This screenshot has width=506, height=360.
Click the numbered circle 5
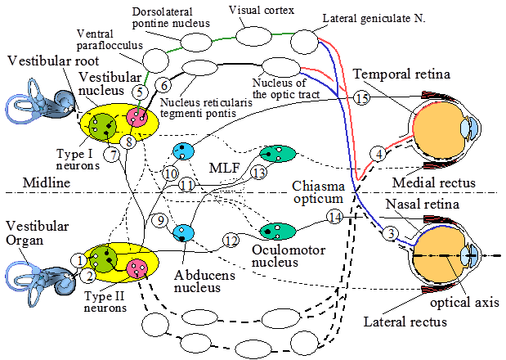(x=141, y=92)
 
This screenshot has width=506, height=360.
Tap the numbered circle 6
(x=163, y=84)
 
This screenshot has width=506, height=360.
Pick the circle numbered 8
(x=128, y=142)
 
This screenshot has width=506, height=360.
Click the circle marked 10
(x=170, y=173)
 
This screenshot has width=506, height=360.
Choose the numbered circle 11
(x=187, y=185)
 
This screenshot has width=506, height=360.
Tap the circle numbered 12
(x=231, y=241)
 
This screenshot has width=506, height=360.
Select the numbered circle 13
(x=258, y=173)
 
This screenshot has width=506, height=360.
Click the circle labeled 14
(x=334, y=217)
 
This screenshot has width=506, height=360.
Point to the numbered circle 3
(x=392, y=235)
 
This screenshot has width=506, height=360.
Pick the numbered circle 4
(x=378, y=153)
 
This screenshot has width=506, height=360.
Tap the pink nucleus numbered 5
(x=137, y=117)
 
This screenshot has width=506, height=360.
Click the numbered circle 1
(x=79, y=259)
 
